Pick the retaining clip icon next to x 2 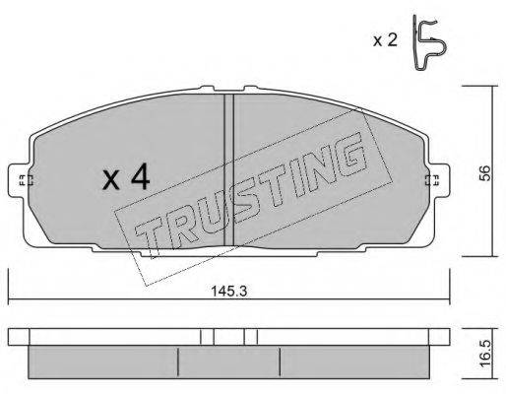click(426, 44)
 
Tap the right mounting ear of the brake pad click(432, 180)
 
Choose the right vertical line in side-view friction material click(279, 361)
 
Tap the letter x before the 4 click(112, 180)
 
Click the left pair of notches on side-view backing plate click(206, 337)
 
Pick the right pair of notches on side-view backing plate click(250, 337)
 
